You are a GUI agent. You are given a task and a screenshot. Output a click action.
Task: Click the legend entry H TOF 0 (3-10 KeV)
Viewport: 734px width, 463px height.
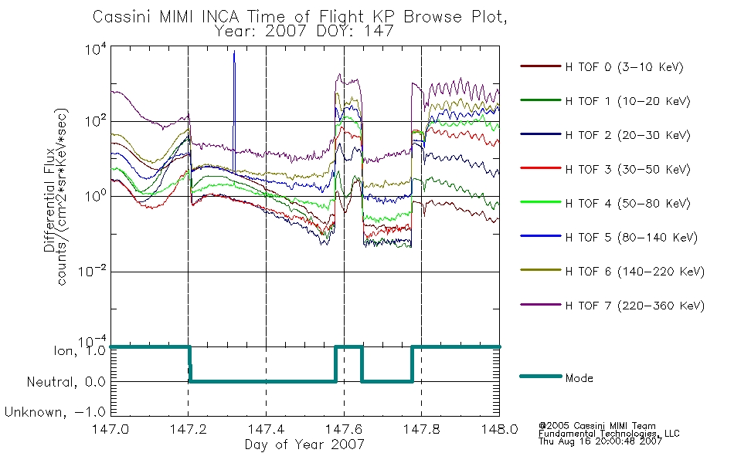tap(625, 67)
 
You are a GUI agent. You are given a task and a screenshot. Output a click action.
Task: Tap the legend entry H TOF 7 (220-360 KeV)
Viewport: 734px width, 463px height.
tap(634, 306)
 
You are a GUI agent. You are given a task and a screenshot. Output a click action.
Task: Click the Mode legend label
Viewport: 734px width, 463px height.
tap(579, 378)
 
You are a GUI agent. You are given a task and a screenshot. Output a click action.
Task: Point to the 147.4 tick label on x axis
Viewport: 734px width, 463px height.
tap(266, 430)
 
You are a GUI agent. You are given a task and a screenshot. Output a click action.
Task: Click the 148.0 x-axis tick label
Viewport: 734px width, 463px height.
tap(500, 430)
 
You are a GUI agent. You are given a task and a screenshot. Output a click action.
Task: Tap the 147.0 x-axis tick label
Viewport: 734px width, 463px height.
tap(110, 430)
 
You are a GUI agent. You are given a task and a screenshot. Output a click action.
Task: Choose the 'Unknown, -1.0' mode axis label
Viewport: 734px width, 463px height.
tap(55, 412)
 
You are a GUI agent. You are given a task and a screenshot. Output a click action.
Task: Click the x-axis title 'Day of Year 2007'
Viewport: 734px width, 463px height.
tap(304, 444)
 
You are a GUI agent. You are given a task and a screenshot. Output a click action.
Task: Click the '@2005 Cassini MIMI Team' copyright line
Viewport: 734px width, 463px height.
tap(598, 425)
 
